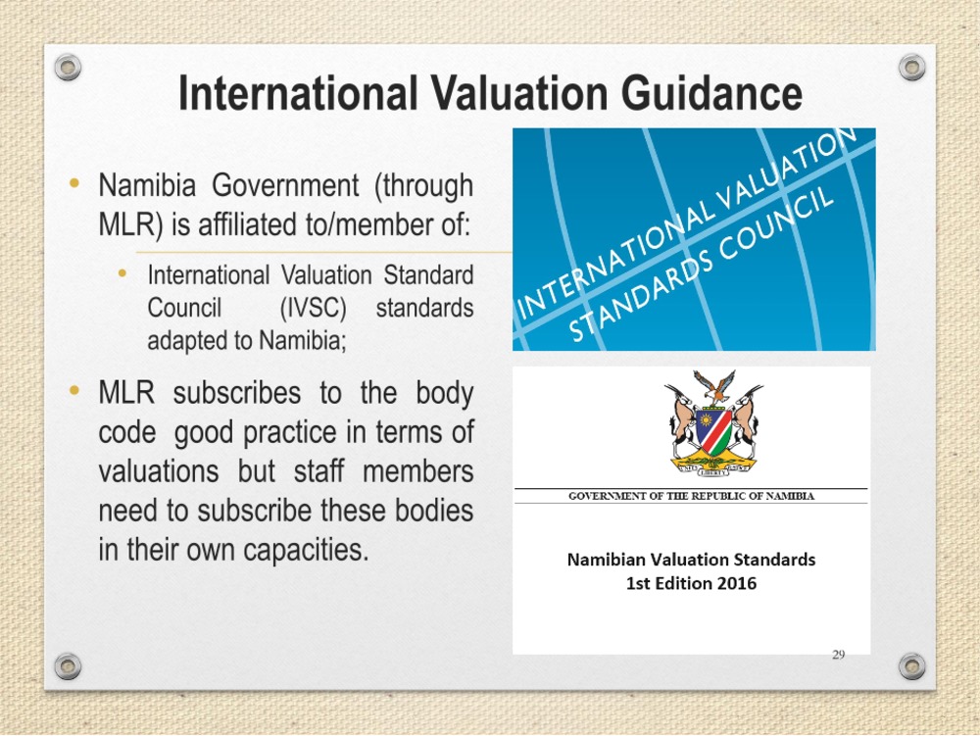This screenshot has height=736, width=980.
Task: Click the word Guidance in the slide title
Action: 711,93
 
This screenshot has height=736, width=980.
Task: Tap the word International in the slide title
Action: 298,93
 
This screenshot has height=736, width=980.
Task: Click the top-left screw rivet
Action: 68,67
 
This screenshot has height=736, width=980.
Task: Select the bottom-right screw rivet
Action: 911,666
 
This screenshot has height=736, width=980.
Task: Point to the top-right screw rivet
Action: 911,67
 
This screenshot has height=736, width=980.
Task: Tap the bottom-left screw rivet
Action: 68,666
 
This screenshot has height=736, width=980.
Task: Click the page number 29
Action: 839,654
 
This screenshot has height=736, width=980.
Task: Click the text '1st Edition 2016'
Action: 691,583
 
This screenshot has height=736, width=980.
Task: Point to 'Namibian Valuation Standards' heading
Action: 691,560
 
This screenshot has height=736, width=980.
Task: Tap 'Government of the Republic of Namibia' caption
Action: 691,496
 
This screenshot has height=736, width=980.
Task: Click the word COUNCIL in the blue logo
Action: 775,224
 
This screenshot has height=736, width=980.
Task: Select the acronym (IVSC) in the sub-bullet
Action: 314,308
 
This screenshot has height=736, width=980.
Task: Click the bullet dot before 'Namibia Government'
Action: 75,183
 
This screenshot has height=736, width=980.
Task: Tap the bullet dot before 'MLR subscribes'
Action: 75,391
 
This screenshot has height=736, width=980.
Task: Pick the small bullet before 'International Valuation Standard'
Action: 122,273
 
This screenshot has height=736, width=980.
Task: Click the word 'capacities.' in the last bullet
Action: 306,551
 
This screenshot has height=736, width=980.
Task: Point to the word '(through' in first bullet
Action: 423,186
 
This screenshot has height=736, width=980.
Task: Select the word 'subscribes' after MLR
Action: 237,394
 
